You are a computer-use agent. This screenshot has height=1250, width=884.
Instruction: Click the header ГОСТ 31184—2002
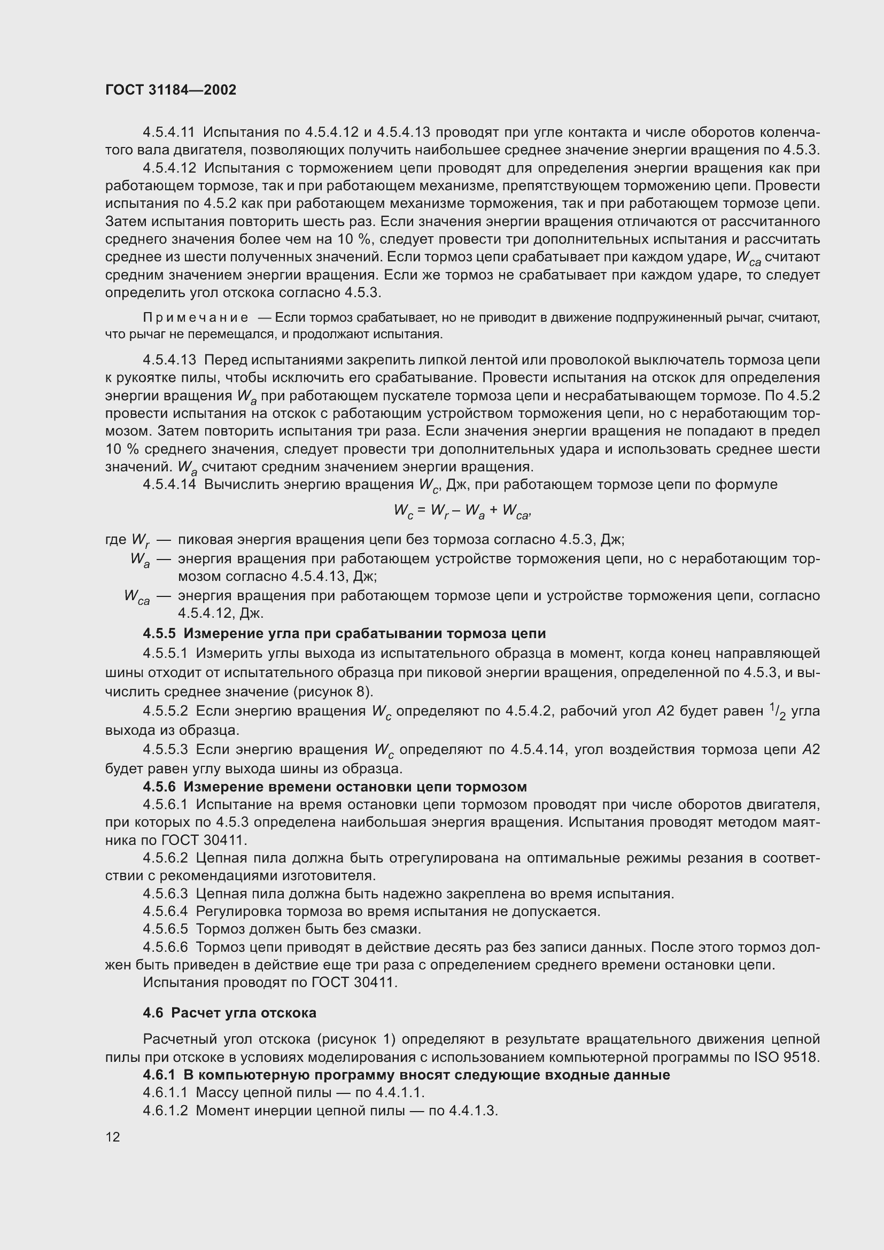(x=171, y=90)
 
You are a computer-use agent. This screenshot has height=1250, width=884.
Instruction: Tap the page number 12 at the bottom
(x=113, y=1137)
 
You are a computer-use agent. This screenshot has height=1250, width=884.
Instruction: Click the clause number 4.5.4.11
(x=169, y=133)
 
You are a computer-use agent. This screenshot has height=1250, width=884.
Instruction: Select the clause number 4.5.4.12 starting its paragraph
(x=169, y=168)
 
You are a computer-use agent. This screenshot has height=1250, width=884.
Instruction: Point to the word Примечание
(x=196, y=317)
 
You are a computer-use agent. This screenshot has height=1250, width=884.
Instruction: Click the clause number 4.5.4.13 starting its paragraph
(x=169, y=360)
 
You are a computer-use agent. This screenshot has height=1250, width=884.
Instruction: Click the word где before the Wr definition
(x=115, y=540)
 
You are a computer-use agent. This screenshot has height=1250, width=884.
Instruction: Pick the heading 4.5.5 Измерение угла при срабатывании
(x=344, y=633)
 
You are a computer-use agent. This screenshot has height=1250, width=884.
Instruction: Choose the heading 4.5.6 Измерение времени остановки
(x=335, y=787)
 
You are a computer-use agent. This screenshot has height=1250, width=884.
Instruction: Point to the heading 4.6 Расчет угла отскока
(x=229, y=1013)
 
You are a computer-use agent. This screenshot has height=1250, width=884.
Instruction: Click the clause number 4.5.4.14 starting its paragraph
(x=169, y=485)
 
